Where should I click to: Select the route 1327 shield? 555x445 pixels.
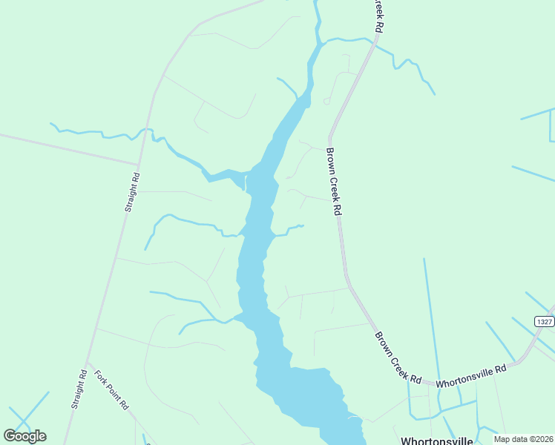[545, 320]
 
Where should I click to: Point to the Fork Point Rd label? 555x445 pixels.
[111, 389]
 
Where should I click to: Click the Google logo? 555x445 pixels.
[24, 436]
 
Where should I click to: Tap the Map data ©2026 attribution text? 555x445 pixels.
[523, 439]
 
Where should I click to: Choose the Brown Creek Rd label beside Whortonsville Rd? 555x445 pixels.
[398, 357]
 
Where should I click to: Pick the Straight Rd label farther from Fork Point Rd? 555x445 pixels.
[131, 194]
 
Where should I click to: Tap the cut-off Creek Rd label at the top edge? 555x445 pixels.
[379, 15]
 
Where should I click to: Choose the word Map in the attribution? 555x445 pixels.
[502, 439]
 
